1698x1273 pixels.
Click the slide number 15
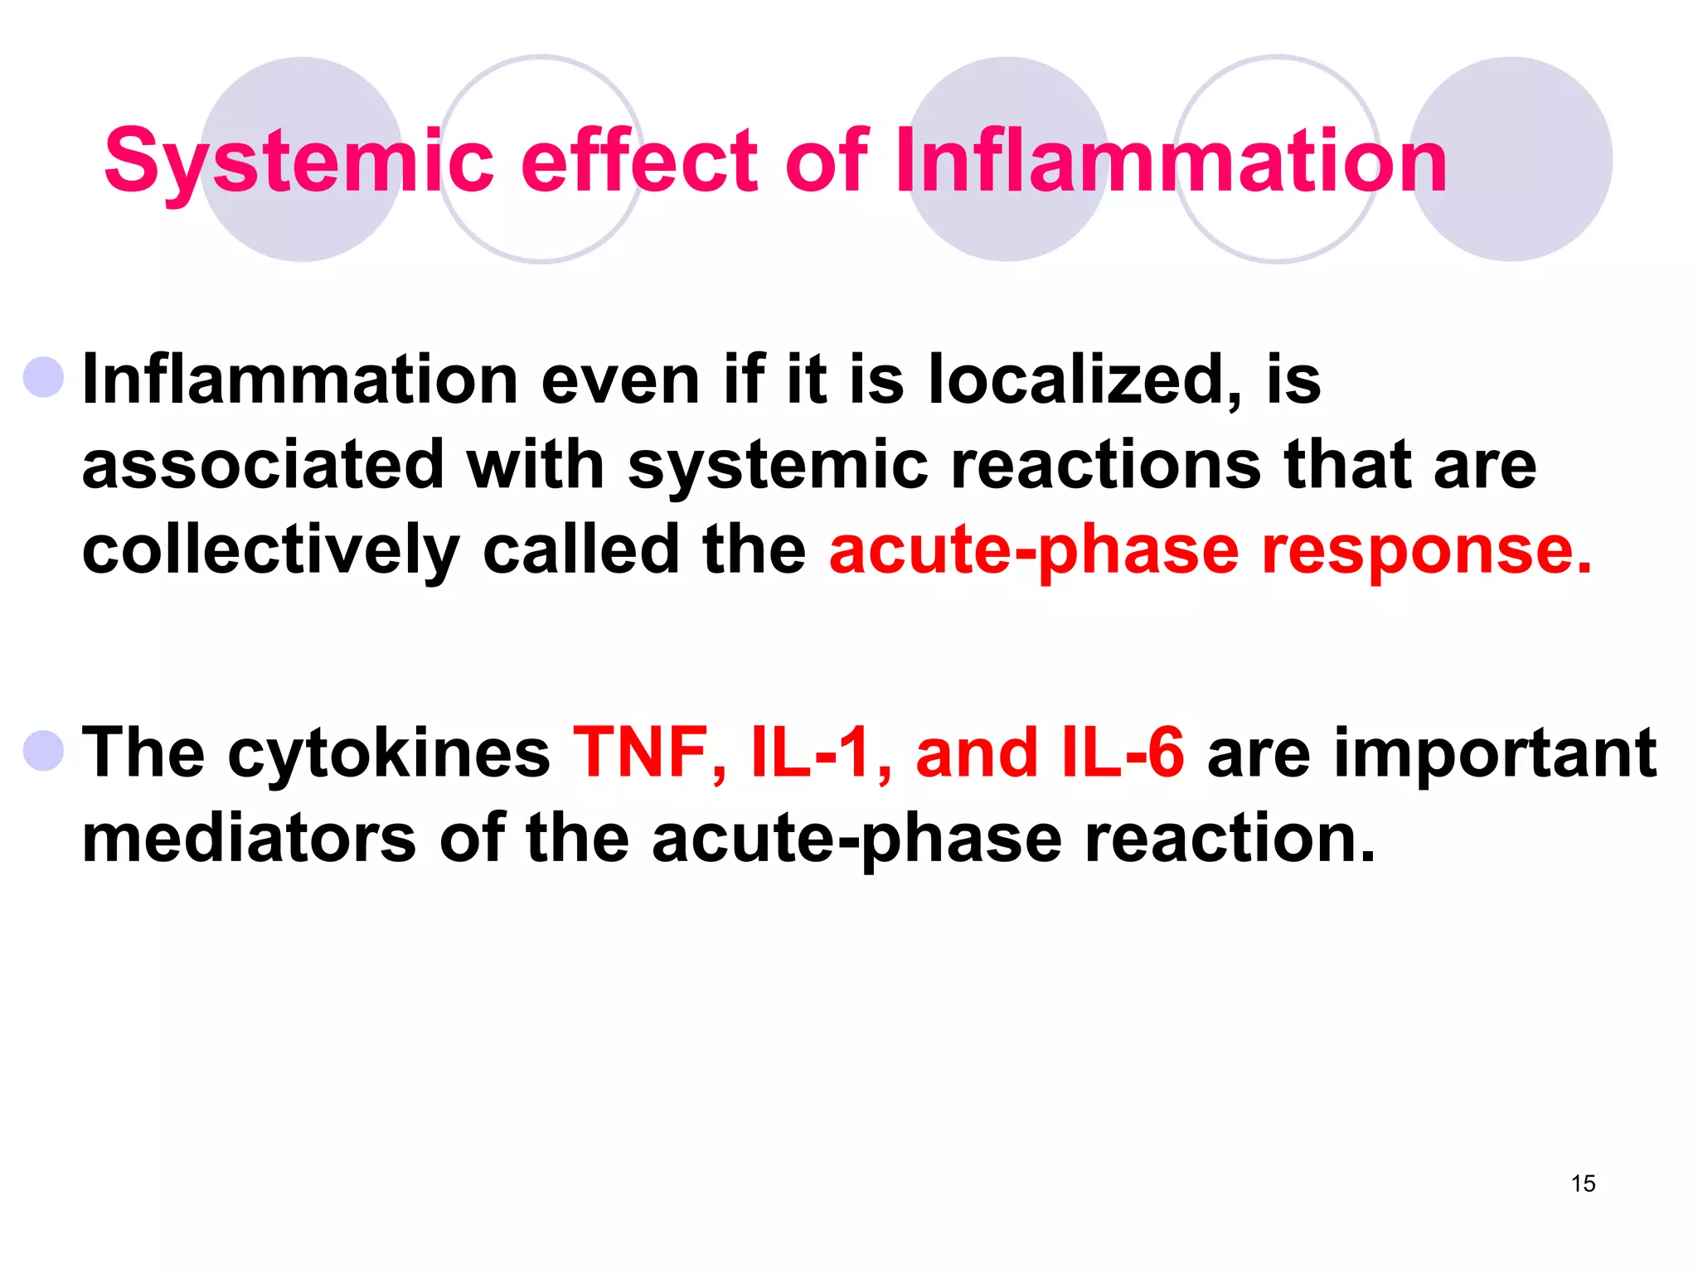pos(1583,1183)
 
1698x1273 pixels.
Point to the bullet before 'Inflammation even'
pos(44,378)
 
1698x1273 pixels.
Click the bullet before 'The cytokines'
pos(44,751)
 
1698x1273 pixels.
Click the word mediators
pos(250,839)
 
